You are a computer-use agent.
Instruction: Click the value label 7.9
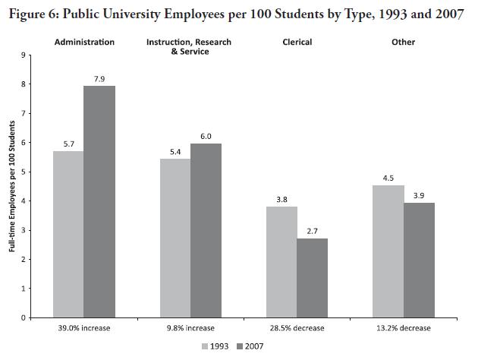click(x=99, y=78)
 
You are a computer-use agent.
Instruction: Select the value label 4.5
click(x=388, y=178)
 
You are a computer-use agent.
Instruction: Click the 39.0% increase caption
click(x=83, y=328)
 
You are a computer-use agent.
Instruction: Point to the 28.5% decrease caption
click(x=297, y=328)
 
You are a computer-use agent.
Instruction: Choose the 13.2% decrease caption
click(x=403, y=328)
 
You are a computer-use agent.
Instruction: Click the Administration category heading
click(x=84, y=43)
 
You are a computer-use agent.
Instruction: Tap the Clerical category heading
click(x=297, y=43)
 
